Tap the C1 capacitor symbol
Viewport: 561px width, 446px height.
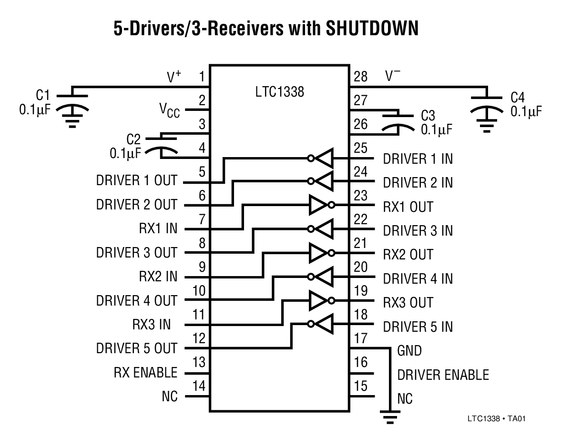pos(72,108)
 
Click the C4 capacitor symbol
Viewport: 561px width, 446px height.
pos(487,108)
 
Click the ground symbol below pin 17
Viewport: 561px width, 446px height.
pos(391,417)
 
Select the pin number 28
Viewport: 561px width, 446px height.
pos(361,77)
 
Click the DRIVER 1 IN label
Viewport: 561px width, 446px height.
pos(418,159)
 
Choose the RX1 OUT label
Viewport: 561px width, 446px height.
pos(408,207)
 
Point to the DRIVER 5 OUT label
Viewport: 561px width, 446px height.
pos(136,348)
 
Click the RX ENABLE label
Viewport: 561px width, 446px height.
pos(145,372)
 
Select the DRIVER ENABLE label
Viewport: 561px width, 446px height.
pos(443,375)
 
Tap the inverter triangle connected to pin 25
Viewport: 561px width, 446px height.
pos(324,159)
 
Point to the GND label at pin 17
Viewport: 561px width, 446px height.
pos(409,351)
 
